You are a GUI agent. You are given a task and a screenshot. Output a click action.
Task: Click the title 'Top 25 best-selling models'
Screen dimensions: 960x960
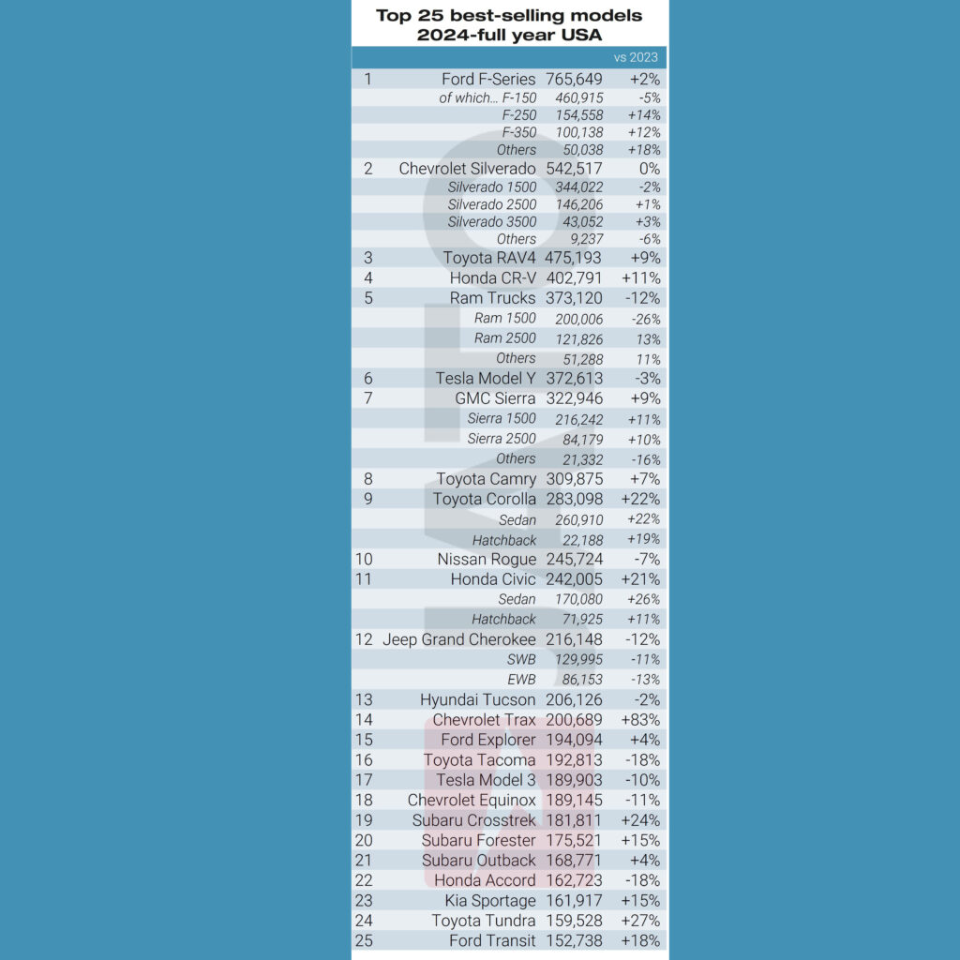coord(509,16)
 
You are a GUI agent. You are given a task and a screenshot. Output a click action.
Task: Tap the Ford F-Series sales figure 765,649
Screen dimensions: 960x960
coord(574,80)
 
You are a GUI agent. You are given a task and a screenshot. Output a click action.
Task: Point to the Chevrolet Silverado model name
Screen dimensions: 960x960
coord(467,169)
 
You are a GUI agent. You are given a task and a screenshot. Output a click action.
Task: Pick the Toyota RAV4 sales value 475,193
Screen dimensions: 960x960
coord(574,257)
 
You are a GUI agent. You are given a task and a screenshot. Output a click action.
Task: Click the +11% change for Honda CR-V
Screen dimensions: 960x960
coord(640,277)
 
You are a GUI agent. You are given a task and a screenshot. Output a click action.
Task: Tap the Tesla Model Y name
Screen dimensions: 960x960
coord(486,379)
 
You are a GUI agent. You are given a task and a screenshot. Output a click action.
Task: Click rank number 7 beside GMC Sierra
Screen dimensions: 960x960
coord(367,398)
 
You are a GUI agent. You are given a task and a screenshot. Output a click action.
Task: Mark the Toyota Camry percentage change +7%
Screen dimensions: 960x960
coord(644,479)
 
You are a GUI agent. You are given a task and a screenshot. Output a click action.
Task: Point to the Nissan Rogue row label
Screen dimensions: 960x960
coord(487,560)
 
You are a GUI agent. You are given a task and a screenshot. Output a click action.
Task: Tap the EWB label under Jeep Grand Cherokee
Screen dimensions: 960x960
coord(521,679)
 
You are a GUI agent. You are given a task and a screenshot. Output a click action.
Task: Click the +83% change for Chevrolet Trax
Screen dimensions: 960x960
coord(640,720)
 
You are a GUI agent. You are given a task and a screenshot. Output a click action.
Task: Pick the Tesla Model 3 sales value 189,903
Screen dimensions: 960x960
coord(574,780)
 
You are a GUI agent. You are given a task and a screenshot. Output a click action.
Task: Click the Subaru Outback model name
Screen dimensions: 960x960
coord(478,860)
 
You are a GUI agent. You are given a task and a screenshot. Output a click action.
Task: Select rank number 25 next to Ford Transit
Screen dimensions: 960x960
coord(364,940)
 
